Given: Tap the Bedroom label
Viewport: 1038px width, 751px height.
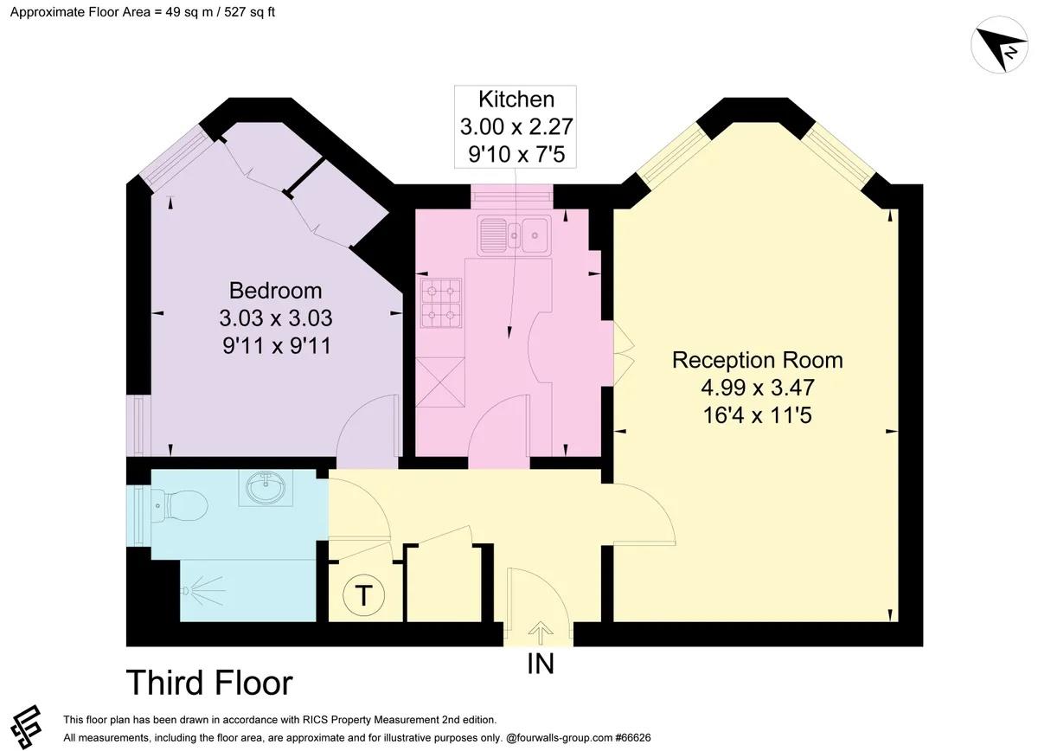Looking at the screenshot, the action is pyautogui.click(x=276, y=291).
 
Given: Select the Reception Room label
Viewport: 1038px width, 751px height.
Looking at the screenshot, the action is pyautogui.click(x=758, y=360).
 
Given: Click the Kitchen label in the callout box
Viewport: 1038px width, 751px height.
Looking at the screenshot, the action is pyautogui.click(x=516, y=99).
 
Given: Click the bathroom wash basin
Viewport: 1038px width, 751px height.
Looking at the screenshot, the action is pyautogui.click(x=266, y=487).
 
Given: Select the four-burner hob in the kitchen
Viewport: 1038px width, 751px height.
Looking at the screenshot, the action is pyautogui.click(x=441, y=303).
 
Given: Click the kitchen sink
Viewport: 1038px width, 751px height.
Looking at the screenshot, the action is pyautogui.click(x=514, y=235).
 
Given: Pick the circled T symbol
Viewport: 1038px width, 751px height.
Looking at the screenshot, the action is pyautogui.click(x=364, y=594).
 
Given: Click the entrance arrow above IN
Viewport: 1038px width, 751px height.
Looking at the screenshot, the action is pyautogui.click(x=541, y=632).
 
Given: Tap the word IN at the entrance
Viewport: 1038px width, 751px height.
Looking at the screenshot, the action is pyautogui.click(x=541, y=664).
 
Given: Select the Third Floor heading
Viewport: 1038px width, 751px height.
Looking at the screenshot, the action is pyautogui.click(x=209, y=683).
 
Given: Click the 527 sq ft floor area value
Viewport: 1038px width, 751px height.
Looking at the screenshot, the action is pyautogui.click(x=250, y=12).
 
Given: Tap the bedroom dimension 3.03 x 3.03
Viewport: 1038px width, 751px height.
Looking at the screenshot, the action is pyautogui.click(x=276, y=318).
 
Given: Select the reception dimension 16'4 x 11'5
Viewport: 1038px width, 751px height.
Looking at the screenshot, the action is pyautogui.click(x=758, y=415).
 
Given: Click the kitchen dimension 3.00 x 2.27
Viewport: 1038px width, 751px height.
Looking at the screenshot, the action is pyautogui.click(x=516, y=126).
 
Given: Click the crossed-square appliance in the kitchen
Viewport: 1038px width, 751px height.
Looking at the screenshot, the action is pyautogui.click(x=440, y=382).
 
